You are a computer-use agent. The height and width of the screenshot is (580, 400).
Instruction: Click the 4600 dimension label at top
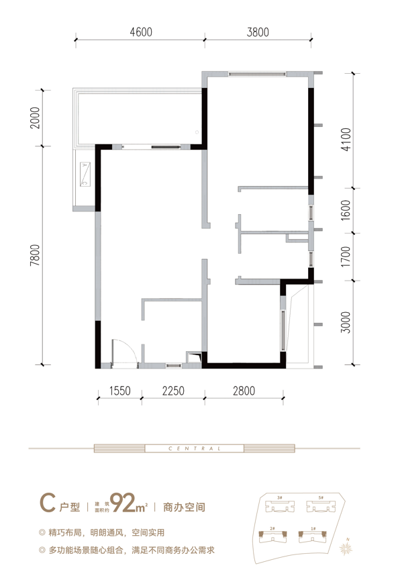pos(141,32)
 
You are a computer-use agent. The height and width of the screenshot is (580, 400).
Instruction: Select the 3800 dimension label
pos(258,32)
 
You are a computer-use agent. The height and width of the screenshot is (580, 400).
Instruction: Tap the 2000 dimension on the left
pos(35,117)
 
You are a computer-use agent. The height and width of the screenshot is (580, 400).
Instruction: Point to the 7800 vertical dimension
pos(35,255)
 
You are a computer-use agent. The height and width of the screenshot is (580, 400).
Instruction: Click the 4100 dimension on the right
pos(346,139)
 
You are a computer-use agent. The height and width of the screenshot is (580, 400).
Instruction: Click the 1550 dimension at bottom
pos(120,391)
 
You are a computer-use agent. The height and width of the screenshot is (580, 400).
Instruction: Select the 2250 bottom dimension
pos(173,391)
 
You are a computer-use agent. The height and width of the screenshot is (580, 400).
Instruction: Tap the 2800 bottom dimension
pos(244,391)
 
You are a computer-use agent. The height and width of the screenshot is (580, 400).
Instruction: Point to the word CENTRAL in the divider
pos(195,448)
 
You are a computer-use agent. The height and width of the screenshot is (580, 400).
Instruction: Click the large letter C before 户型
pos(48,503)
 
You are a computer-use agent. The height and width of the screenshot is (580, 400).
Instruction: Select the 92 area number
pos(123,503)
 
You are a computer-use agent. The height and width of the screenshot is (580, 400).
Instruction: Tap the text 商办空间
pos(184,507)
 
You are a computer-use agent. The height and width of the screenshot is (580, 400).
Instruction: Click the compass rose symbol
pos(346,549)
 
